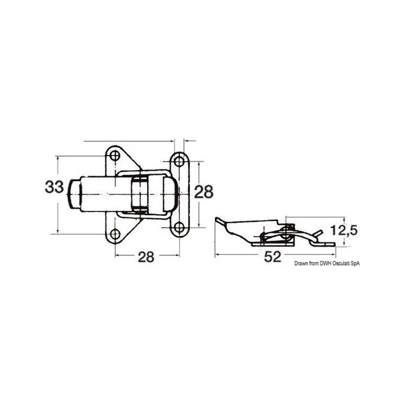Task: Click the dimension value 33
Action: (x=54, y=186)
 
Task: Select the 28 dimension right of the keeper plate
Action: (x=203, y=191)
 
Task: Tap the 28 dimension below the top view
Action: (x=146, y=256)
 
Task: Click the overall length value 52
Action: (x=272, y=256)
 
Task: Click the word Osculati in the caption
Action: (x=341, y=263)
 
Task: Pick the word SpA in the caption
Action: (x=355, y=263)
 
